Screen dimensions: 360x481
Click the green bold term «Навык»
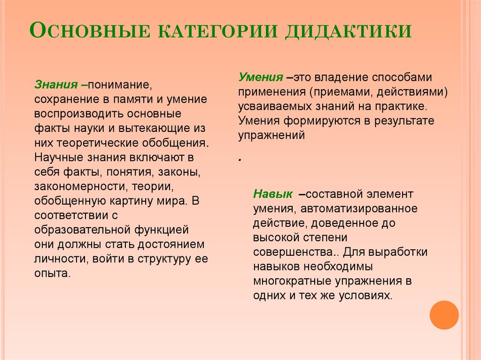(x=272, y=193)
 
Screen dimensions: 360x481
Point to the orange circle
(x=444, y=314)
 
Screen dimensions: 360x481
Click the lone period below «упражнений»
(x=240, y=161)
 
